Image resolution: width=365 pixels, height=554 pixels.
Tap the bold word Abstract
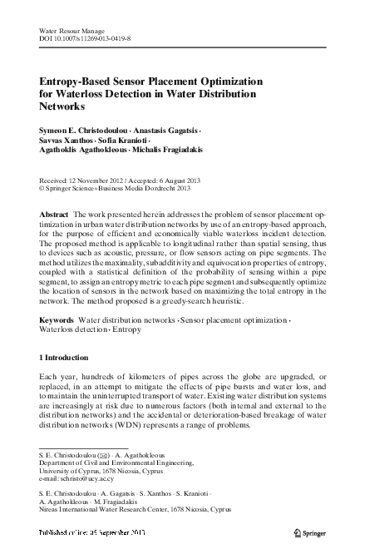coord(55,215)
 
